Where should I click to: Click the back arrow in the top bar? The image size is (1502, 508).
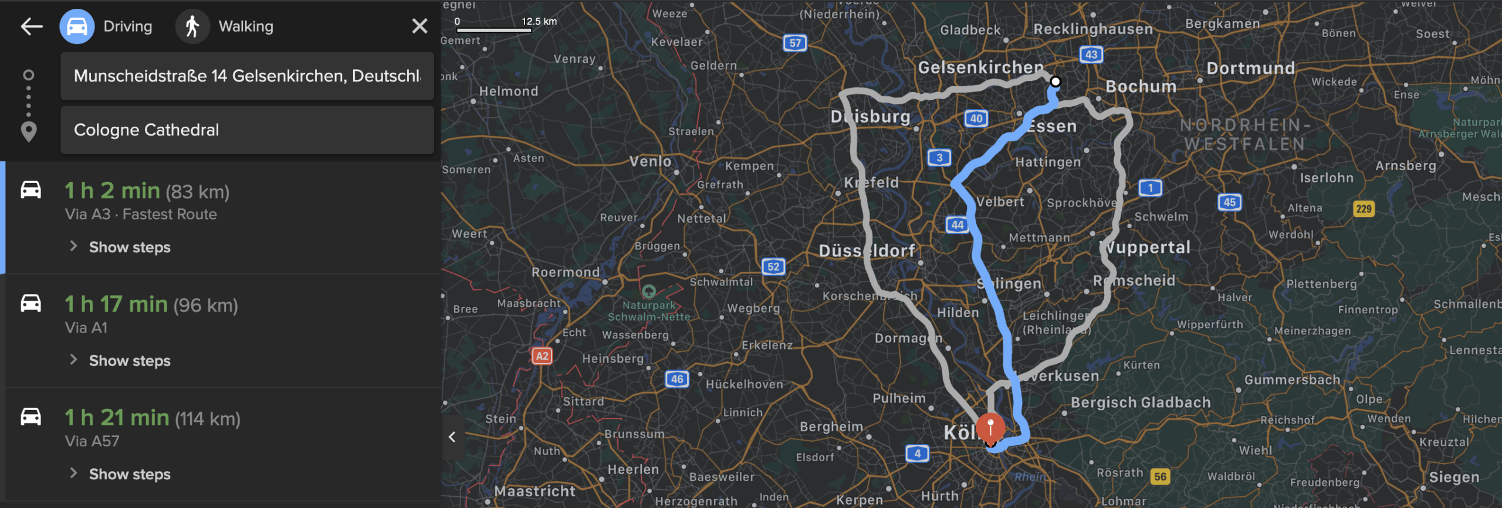pyautogui.click(x=32, y=26)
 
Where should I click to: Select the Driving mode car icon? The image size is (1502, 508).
pyautogui.click(x=77, y=26)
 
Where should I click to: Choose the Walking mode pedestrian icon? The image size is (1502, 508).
pyautogui.click(x=192, y=26)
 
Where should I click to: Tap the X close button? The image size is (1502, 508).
pyautogui.click(x=420, y=26)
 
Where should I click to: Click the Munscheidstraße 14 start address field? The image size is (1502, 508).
pyautogui.click(x=247, y=76)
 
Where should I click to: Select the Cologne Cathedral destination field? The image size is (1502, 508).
pyautogui.click(x=247, y=130)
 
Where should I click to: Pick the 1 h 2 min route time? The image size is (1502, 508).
pyautogui.click(x=112, y=191)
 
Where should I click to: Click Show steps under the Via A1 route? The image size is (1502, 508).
pyautogui.click(x=129, y=361)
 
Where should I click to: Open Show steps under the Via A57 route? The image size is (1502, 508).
pyautogui.click(x=129, y=474)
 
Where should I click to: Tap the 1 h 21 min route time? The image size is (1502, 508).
pyautogui.click(x=117, y=418)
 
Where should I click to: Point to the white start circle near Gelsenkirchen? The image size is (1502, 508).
pyautogui.click(x=1056, y=82)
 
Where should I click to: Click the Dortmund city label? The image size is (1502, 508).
pyautogui.click(x=1250, y=69)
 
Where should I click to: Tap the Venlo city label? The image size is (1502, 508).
pyautogui.click(x=650, y=161)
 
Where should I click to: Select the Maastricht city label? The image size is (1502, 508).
pyautogui.click(x=535, y=491)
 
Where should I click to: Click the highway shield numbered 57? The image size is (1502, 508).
pyautogui.click(x=795, y=43)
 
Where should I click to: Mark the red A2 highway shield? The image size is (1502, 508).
pyautogui.click(x=542, y=356)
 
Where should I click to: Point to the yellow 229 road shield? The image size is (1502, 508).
pyautogui.click(x=1364, y=209)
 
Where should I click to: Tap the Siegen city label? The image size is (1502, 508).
pyautogui.click(x=1454, y=477)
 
